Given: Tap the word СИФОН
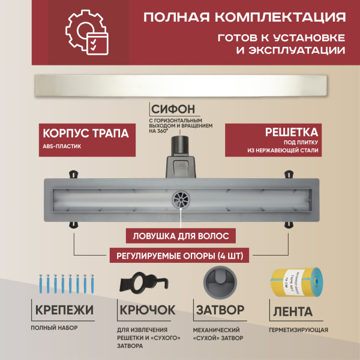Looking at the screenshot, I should pyautogui.click(x=173, y=110).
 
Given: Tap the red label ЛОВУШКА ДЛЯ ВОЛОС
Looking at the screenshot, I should pyautogui.click(x=179, y=235).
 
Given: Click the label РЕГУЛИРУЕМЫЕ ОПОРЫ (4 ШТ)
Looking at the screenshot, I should pyautogui.click(x=179, y=256).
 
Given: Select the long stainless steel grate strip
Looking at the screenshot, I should pyautogui.click(x=180, y=85).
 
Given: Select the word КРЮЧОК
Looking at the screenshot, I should pyautogui.click(x=146, y=311).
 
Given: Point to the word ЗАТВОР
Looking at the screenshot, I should pyautogui.click(x=220, y=311).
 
